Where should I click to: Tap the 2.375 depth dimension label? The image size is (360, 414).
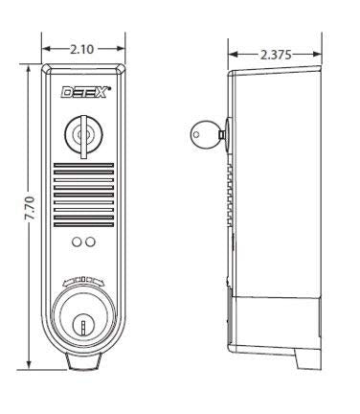277,55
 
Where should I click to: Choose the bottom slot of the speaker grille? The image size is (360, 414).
84,223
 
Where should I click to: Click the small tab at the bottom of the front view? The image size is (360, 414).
84,363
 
